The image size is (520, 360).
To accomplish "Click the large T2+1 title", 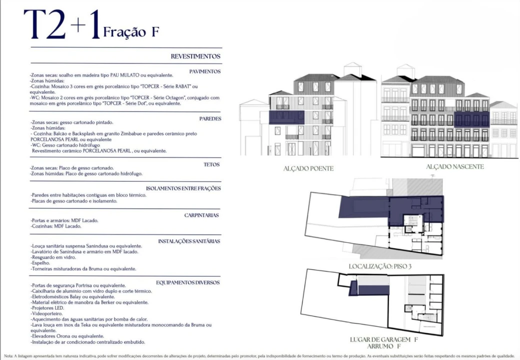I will pos(62,25).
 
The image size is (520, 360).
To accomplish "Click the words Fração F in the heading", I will pos(131,32).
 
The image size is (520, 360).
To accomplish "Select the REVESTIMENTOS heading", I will pos(195,57).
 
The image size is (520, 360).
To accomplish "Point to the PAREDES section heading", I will pos(210,118).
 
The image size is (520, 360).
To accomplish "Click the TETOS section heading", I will pos(212,164).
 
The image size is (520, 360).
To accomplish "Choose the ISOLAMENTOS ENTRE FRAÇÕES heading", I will pos(183,188).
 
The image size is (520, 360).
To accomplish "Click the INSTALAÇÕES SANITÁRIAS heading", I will pos(189,241).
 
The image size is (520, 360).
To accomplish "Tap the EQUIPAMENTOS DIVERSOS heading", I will pos(188,282).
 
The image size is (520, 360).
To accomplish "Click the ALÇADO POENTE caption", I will pos(308,168).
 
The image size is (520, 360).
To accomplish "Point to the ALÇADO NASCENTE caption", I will pos(455,166).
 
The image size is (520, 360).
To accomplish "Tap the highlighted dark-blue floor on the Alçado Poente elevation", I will pos(286,117).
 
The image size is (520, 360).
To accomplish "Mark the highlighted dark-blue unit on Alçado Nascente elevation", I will pos(471,119).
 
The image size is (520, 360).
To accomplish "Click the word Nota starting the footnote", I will pos(9,356).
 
